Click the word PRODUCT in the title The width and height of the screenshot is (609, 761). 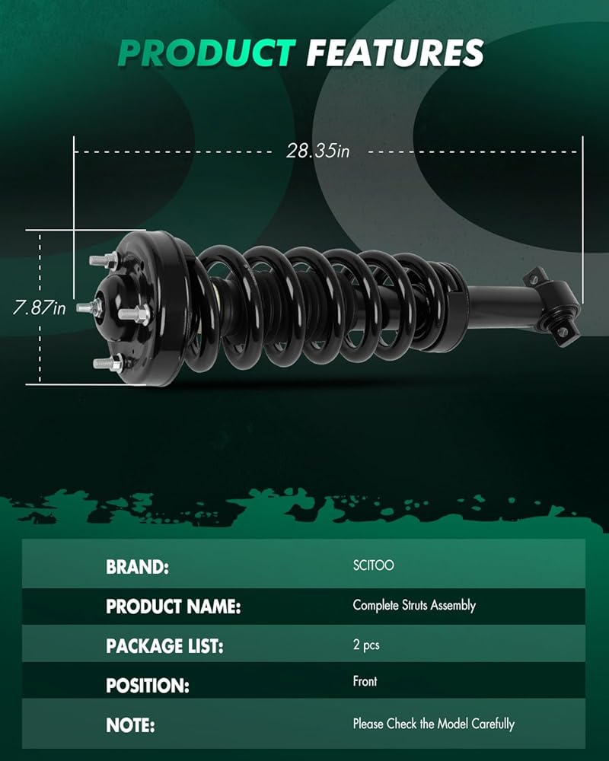point(207,53)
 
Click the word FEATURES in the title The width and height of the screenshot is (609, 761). point(395,53)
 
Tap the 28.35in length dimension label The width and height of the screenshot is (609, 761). point(317,151)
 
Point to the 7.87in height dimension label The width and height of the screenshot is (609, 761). point(40,307)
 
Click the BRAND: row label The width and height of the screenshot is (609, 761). point(138,567)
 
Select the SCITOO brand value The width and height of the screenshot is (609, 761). point(374,565)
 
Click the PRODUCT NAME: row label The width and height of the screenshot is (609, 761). point(174,607)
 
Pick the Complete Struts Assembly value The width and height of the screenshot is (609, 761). point(414,605)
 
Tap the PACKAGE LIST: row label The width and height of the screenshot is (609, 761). point(164,646)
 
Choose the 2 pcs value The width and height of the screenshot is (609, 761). point(366,645)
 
